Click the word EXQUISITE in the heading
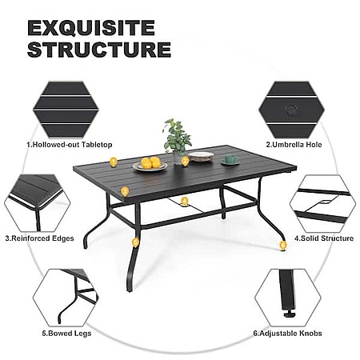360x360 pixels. [91, 28]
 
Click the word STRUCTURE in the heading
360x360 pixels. [99, 50]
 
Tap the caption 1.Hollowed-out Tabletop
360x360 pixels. [70, 145]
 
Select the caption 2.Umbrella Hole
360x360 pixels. [294, 145]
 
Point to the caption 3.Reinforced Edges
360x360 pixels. [39, 238]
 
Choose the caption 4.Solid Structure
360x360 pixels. [324, 238]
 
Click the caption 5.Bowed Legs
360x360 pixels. [66, 334]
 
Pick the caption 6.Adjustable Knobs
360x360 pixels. [287, 334]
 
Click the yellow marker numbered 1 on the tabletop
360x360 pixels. [114, 162]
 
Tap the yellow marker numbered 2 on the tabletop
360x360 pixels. [185, 161]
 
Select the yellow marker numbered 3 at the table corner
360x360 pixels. [125, 192]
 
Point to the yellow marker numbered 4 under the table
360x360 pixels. [184, 201]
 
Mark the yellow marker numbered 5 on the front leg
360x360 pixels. [135, 242]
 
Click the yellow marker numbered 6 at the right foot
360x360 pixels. [283, 245]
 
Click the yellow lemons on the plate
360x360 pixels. [150, 162]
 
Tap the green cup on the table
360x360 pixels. [230, 160]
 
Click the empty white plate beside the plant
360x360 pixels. [201, 156]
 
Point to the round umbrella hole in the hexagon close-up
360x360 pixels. [290, 110]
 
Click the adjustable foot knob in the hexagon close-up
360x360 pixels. [289, 314]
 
